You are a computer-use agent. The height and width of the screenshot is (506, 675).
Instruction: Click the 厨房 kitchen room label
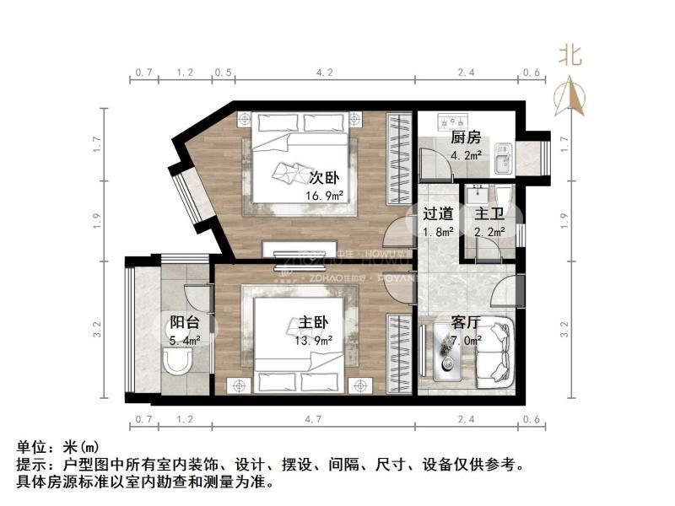click(x=466, y=137)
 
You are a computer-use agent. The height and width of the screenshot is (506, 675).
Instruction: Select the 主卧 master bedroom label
click(x=313, y=322)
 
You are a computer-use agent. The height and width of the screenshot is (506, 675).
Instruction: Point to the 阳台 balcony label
click(x=185, y=322)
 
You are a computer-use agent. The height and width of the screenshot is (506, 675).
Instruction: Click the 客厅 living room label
click(x=466, y=322)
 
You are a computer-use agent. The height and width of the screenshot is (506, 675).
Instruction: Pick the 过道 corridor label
click(x=438, y=214)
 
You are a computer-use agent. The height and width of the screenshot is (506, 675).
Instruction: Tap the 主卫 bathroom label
click(x=490, y=214)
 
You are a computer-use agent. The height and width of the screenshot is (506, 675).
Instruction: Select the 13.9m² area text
click(x=314, y=341)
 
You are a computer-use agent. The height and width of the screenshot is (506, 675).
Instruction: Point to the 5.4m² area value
click(x=185, y=341)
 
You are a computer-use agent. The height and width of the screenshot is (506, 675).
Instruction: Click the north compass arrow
click(x=571, y=94)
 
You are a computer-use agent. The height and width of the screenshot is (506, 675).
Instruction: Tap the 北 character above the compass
click(x=570, y=56)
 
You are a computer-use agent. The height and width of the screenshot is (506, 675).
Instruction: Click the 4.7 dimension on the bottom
click(x=313, y=420)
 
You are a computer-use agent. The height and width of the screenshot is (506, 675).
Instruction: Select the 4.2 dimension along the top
click(x=324, y=73)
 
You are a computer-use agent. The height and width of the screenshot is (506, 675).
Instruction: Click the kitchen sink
click(x=504, y=156)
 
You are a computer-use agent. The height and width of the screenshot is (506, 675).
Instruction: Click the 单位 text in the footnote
click(x=33, y=445)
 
